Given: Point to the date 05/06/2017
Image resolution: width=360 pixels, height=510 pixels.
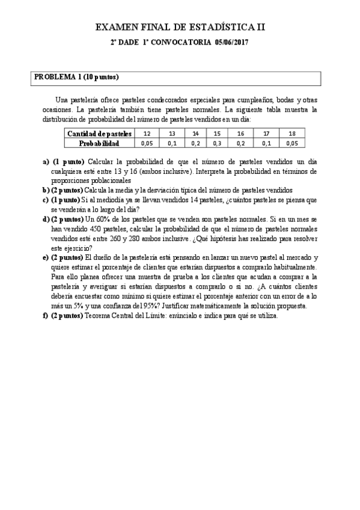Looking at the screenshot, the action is (231, 43).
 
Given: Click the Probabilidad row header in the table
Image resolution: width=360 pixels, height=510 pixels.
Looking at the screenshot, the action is (99, 144).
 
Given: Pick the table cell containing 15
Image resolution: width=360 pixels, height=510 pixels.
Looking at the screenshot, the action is (217, 134).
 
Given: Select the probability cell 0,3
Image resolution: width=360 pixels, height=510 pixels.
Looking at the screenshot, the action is (217, 144).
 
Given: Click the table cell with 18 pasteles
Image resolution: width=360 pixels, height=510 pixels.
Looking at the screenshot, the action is (292, 134).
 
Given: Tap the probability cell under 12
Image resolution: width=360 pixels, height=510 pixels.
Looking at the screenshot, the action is (146, 144).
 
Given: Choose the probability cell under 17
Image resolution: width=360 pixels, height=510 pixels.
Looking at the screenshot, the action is (267, 144).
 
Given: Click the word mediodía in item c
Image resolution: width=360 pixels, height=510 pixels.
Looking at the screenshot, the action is (118, 200).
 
